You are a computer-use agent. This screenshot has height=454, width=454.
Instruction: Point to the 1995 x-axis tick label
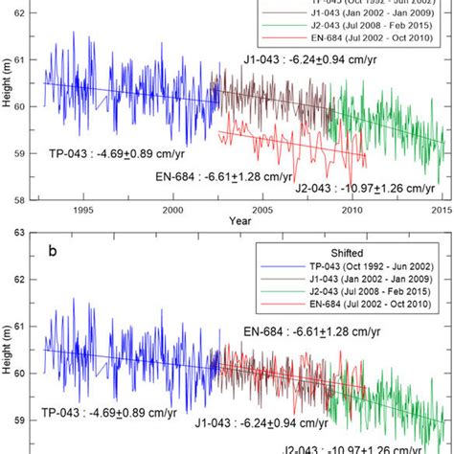tap(83, 210)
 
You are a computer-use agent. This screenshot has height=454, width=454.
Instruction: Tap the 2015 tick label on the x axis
tap(440, 210)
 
